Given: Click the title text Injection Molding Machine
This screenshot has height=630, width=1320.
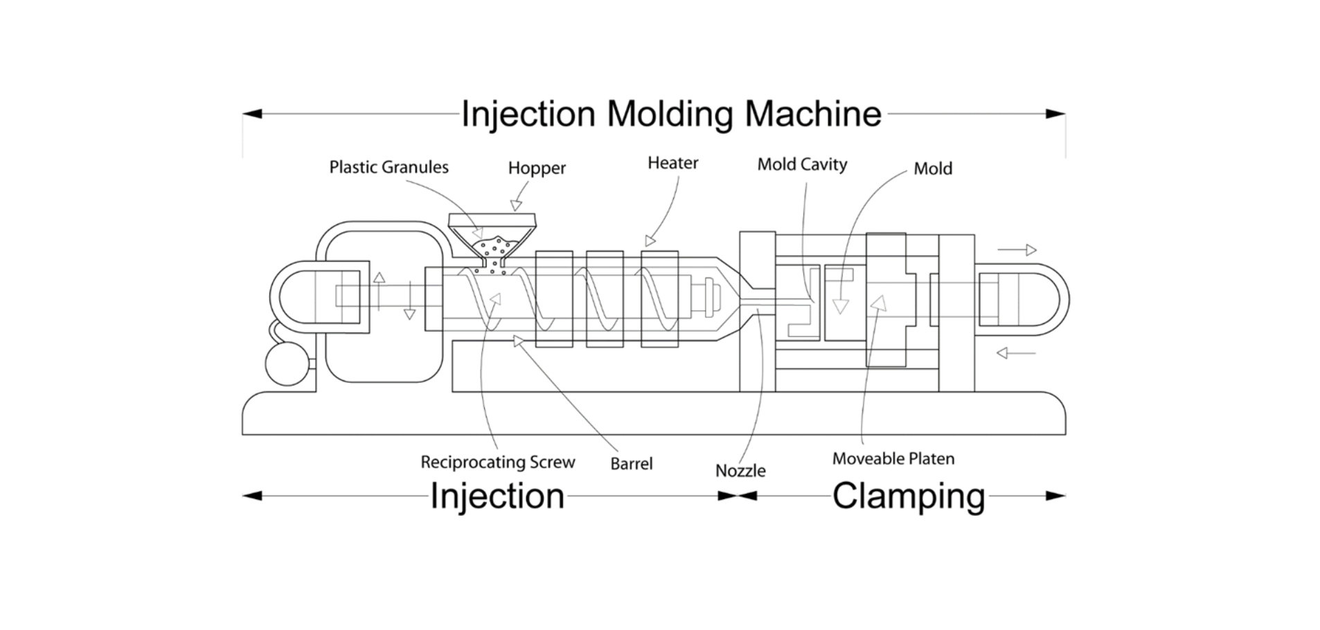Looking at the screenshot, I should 670,114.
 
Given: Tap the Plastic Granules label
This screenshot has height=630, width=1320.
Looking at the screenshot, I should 389,168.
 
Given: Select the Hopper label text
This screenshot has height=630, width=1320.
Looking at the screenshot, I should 537,168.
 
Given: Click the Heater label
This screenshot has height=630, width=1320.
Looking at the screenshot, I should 672,163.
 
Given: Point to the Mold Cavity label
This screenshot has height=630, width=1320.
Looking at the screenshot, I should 802,165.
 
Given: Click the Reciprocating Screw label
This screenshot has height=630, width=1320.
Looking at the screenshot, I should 497,462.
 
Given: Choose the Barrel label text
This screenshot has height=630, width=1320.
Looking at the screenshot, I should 631,464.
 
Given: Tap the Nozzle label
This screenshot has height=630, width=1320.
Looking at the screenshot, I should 740,471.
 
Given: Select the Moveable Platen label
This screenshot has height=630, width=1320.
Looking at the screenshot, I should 893,459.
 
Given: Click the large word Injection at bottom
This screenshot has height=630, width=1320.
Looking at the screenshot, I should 497,496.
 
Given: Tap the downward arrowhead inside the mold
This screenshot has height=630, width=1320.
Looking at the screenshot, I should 840,305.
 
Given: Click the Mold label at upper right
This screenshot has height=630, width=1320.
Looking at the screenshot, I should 932,169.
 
